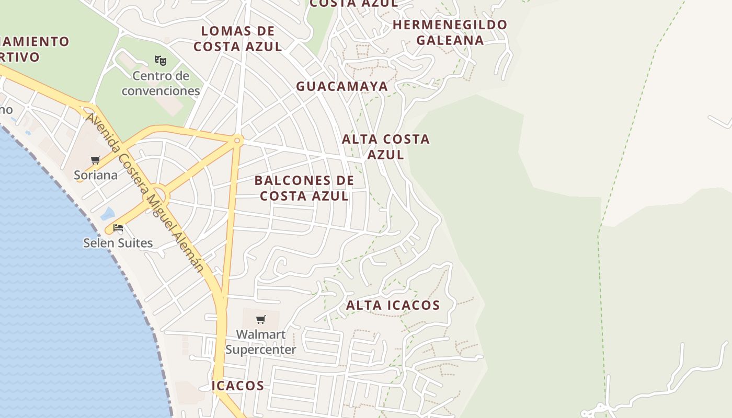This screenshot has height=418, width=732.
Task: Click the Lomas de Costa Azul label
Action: (x=238, y=39)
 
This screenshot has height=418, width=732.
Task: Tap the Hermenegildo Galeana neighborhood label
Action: (x=450, y=32)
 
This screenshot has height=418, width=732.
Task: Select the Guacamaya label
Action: (x=342, y=86)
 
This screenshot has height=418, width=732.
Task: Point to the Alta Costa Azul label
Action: (x=386, y=146)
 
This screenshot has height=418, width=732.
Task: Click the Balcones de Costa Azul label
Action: (x=304, y=188)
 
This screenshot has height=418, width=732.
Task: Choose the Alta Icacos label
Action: (x=393, y=305)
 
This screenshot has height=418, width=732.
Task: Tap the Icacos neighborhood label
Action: (x=238, y=386)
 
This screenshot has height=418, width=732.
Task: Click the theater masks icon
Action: (x=161, y=60)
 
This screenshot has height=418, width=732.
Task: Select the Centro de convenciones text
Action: (x=161, y=83)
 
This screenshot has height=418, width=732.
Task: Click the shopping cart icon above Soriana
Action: (x=95, y=160)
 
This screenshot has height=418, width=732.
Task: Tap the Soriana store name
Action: (x=96, y=175)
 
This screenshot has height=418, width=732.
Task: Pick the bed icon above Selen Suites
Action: (x=118, y=228)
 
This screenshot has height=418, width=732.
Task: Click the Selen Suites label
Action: (x=118, y=243)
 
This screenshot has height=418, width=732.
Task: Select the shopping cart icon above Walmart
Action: (x=260, y=319)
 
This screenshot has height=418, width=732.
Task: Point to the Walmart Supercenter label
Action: (x=260, y=342)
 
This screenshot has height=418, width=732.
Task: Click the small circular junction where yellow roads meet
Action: (x=237, y=141)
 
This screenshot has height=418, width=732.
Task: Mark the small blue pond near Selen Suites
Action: (x=108, y=214)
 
